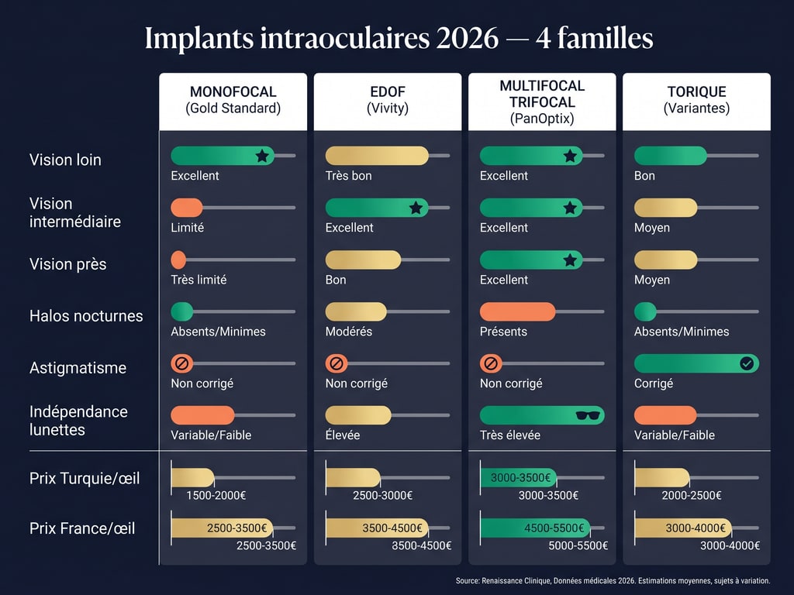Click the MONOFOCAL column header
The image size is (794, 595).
[233, 100]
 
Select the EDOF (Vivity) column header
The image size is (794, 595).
[387, 100]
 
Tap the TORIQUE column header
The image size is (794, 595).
[696, 100]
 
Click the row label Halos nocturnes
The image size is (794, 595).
[86, 316]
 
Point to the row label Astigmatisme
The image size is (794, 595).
[78, 368]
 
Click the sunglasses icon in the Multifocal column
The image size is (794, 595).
[589, 415]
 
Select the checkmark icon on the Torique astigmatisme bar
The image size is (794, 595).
[747, 363]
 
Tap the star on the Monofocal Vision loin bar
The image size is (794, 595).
[262, 156]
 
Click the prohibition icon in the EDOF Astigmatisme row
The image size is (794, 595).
[337, 363]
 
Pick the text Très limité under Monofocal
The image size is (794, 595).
[198, 280]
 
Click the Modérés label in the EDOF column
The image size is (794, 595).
[349, 332]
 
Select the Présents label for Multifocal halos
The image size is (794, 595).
[503, 332]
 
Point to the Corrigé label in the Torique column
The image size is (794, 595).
[654, 383]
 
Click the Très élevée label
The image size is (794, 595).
[510, 435]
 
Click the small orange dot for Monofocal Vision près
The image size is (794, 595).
[178, 260]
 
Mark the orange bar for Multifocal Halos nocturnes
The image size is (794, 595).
[517, 311]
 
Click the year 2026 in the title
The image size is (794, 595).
[467, 38]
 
